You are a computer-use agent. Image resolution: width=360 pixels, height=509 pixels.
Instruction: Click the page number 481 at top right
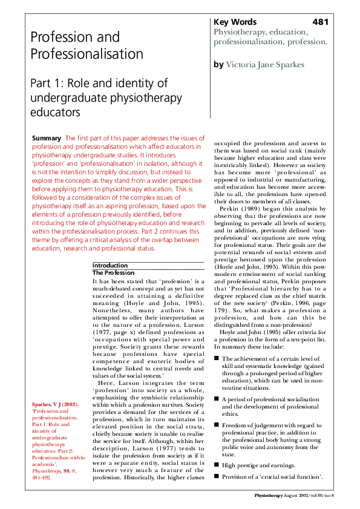tap(321, 22)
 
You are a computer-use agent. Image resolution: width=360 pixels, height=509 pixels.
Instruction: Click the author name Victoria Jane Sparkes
tap(266, 64)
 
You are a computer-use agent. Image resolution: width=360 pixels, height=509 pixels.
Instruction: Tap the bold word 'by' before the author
tap(218, 64)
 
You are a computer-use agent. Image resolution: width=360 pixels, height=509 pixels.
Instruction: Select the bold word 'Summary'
tap(46, 139)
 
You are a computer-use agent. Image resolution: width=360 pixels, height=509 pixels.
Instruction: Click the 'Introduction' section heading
tap(110, 266)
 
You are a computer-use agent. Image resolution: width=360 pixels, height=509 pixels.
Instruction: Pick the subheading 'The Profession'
tap(113, 273)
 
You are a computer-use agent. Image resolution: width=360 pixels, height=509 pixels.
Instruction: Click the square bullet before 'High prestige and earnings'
tap(216, 464)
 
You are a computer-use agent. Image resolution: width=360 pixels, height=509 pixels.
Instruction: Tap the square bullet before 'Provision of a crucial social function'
tap(216, 477)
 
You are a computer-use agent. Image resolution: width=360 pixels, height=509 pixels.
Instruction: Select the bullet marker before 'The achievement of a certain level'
tap(216, 358)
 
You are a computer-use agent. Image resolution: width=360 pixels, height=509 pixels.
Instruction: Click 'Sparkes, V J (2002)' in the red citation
tap(54, 404)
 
